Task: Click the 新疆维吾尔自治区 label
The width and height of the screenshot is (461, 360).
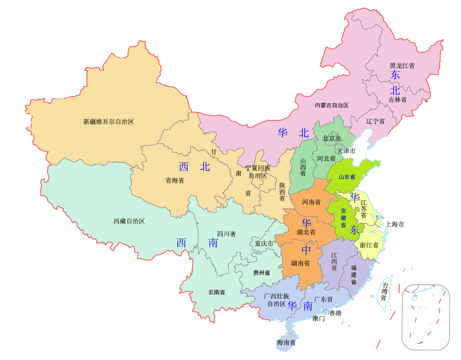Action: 108,122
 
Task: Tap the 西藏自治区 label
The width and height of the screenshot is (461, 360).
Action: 129,221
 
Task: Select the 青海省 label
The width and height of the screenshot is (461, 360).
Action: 175,181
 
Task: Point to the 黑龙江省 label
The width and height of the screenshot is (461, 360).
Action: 402,66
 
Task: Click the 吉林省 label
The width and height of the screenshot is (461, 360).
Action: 397,100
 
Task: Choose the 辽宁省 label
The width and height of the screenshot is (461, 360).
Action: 375,121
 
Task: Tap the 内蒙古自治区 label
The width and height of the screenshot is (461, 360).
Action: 332,105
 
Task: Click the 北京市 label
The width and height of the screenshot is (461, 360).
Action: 331,138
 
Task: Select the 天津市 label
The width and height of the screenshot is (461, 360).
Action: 346,151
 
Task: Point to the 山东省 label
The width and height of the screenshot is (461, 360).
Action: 347,177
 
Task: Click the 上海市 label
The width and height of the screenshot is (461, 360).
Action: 395,224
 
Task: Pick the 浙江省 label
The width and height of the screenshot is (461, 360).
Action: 369,245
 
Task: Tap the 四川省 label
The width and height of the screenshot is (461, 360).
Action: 226,234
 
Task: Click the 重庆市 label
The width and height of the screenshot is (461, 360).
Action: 264,244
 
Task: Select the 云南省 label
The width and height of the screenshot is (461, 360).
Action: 216,292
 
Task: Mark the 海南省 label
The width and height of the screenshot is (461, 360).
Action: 286,343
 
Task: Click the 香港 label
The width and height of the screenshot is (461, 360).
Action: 335,313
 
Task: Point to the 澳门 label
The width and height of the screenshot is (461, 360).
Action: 318,319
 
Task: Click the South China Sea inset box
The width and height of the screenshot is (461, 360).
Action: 426,317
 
